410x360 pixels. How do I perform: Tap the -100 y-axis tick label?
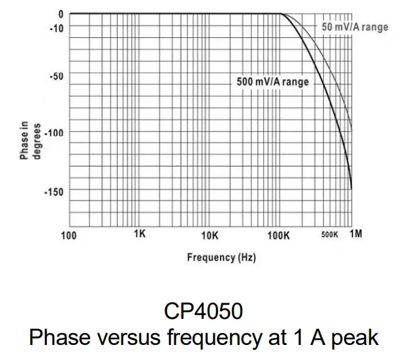pyautogui.click(x=54, y=133)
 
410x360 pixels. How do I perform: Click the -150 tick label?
pyautogui.click(x=54, y=191)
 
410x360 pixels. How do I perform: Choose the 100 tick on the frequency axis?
pyautogui.click(x=69, y=235)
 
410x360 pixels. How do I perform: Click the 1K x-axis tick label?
pyautogui.click(x=139, y=234)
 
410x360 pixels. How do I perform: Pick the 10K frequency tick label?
pyautogui.click(x=209, y=235)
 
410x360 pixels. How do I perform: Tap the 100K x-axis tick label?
pyautogui.click(x=278, y=235)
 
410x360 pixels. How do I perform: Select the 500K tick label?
pyautogui.click(x=330, y=235)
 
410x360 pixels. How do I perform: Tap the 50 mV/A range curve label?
pyautogui.click(x=355, y=27)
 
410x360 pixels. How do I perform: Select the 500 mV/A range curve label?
pyautogui.click(x=272, y=82)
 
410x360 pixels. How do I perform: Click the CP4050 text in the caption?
pyautogui.click(x=204, y=312)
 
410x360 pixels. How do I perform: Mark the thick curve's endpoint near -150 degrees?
pyautogui.click(x=351, y=189)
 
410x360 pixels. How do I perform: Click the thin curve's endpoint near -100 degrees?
pyautogui.click(x=351, y=129)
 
